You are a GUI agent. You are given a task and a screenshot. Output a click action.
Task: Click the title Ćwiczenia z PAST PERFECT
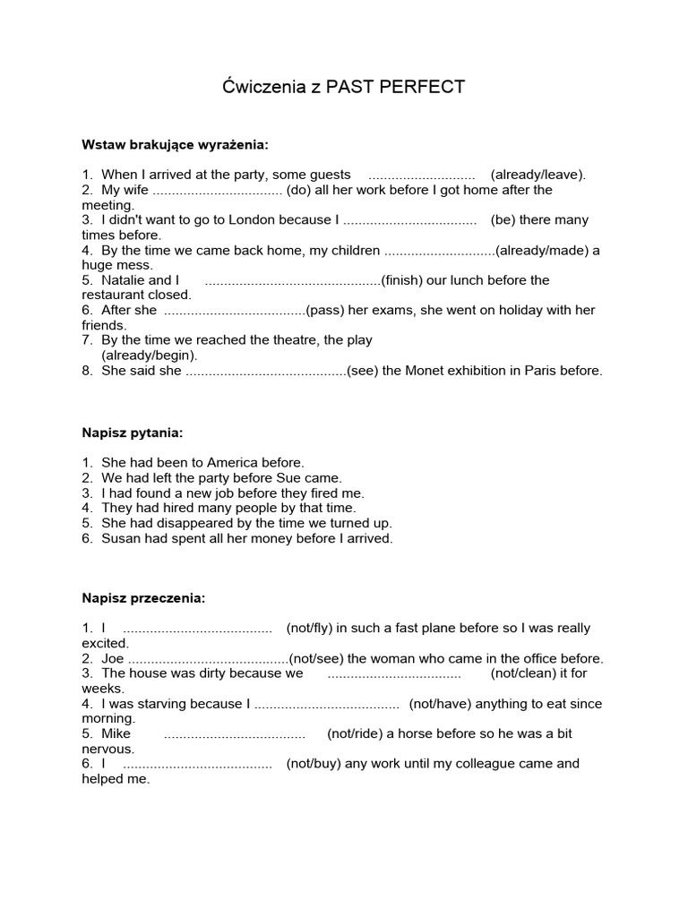[343, 88]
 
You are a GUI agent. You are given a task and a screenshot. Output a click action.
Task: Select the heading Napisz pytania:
[133, 433]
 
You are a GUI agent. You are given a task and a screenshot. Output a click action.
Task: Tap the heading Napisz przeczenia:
[143, 597]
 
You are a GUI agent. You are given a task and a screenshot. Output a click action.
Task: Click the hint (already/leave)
[537, 175]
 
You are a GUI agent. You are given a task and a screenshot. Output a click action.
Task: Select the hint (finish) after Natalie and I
[401, 280]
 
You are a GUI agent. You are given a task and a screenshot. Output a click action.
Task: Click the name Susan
[122, 538]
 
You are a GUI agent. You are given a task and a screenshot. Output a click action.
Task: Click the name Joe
[113, 658]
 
